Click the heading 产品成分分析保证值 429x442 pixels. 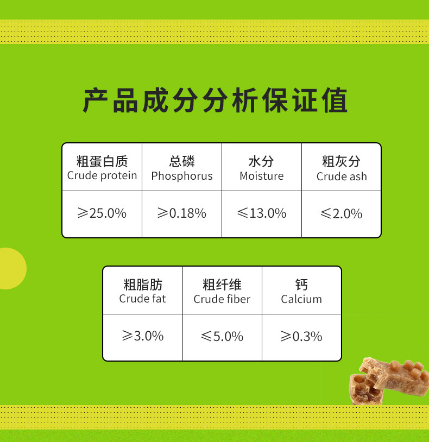point(215,100)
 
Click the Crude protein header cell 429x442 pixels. point(102,167)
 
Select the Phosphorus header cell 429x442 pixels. point(182,167)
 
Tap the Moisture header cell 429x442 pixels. point(262,167)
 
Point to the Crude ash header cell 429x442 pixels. point(342,167)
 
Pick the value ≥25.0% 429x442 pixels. point(102,213)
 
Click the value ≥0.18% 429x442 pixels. point(182,213)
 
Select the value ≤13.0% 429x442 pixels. point(262,213)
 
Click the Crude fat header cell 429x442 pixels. point(143,291)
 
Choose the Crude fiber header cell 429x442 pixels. point(222,291)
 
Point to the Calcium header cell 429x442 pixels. point(301,291)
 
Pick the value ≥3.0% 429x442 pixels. point(143,336)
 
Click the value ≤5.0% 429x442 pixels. point(222,336)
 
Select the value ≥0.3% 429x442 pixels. point(301,336)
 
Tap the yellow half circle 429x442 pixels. point(12,268)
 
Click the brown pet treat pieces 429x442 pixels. point(389,381)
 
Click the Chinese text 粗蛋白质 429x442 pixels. point(102,161)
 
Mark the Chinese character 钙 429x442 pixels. point(301,285)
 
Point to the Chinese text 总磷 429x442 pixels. point(182,161)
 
